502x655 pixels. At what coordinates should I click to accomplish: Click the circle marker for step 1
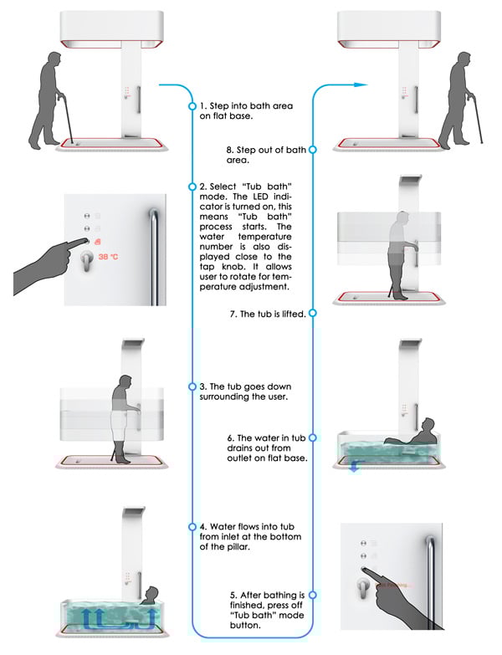point(192,107)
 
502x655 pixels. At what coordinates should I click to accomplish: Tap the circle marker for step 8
point(311,150)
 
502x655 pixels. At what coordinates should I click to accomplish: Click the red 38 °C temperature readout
point(110,257)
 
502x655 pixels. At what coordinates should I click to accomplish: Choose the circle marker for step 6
point(311,438)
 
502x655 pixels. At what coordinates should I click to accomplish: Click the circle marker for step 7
point(311,314)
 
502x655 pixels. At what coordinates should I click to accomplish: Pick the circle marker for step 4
point(192,527)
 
